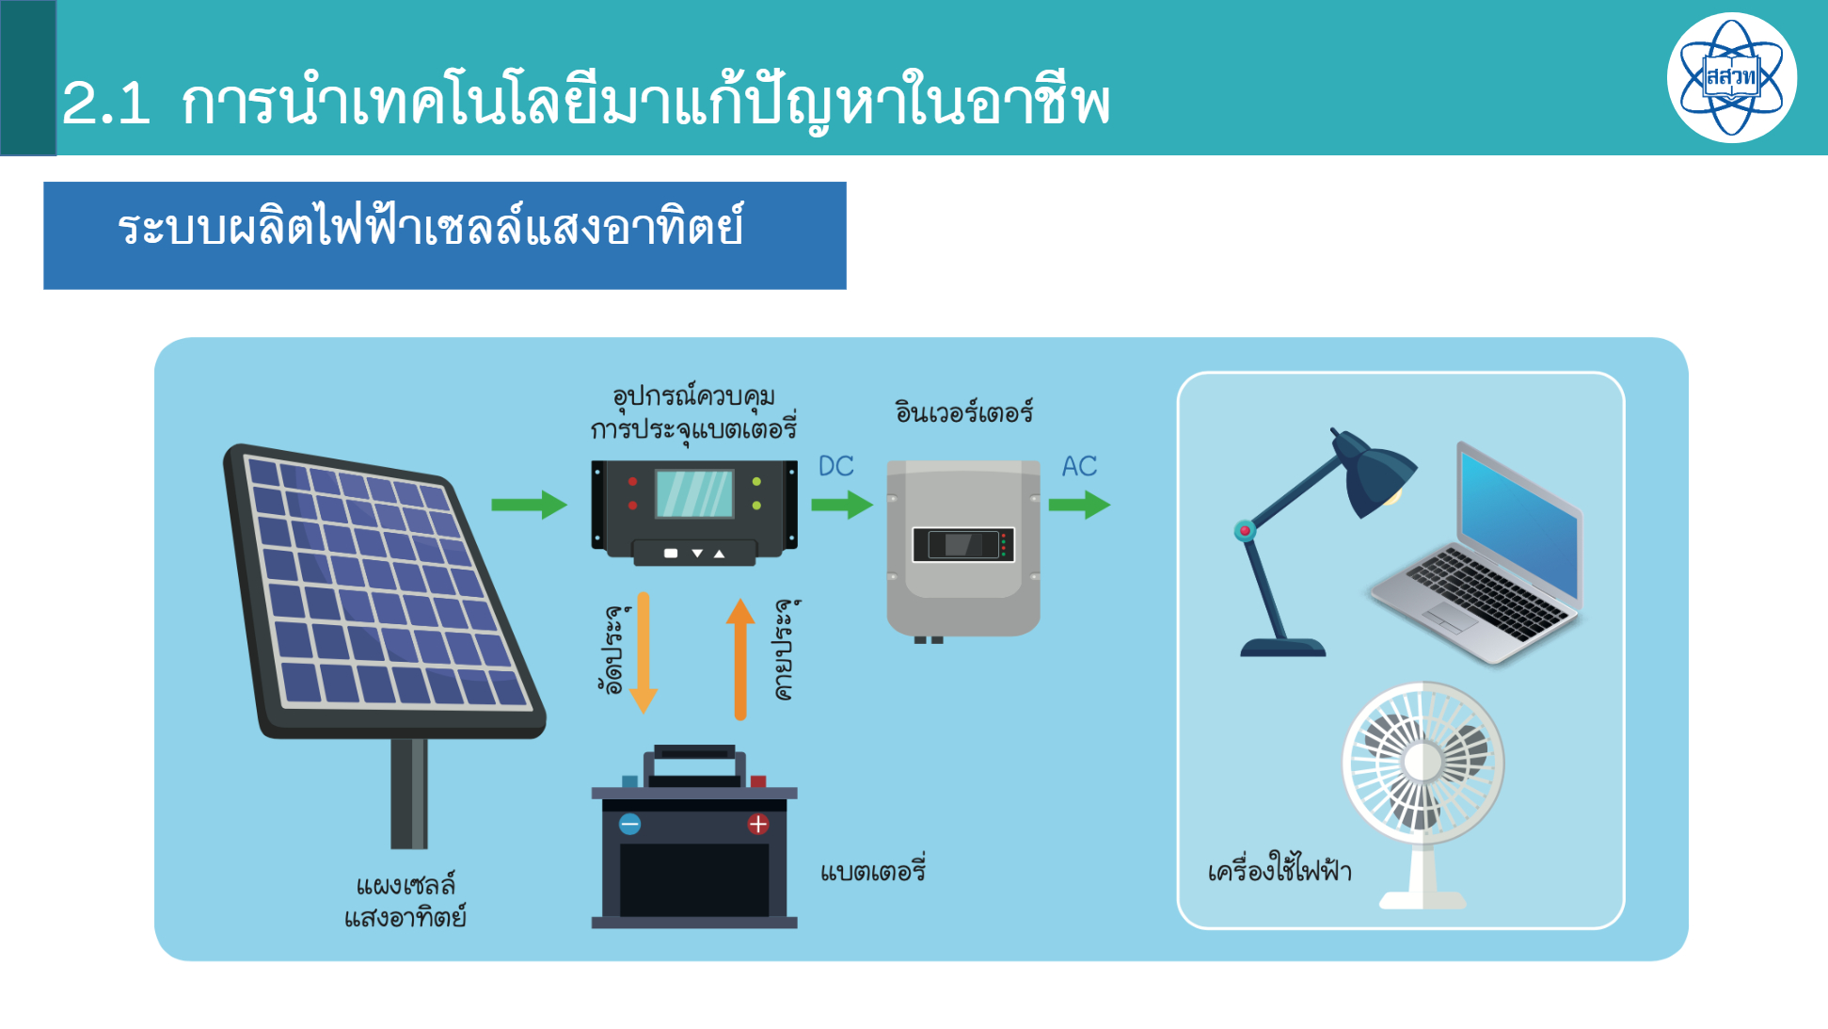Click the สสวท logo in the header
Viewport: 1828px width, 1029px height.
(1731, 77)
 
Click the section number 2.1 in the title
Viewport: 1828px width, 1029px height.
(106, 103)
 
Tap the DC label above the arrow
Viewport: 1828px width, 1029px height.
(835, 466)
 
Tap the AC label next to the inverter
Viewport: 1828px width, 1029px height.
(1079, 466)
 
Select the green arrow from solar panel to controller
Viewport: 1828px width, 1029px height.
(529, 505)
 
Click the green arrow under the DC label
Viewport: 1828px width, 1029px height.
(842, 505)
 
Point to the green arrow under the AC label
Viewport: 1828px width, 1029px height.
(1079, 505)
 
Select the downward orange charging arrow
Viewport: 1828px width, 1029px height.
(644, 652)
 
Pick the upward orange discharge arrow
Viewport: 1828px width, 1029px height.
(740, 659)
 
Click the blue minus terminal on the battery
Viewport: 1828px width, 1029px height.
(630, 825)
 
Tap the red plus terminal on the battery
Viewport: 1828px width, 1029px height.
(758, 825)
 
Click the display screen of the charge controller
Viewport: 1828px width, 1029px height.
(694, 494)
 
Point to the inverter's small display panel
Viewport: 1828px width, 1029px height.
(963, 544)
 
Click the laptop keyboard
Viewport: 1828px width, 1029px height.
(1486, 593)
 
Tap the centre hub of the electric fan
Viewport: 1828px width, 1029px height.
(1423, 762)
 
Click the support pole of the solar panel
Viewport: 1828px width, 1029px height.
(409, 794)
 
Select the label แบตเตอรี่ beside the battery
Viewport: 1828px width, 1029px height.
(873, 869)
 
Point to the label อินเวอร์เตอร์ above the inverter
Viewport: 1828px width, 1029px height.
(964, 410)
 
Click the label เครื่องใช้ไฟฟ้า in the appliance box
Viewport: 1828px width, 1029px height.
(1280, 867)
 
